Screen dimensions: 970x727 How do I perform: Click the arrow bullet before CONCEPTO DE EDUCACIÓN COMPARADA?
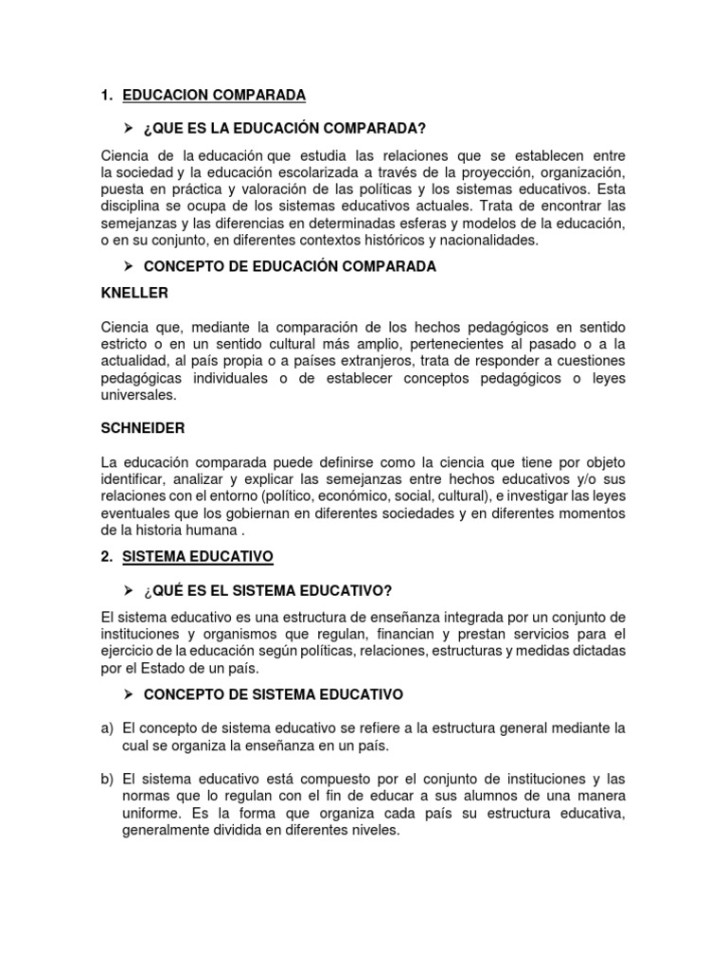click(x=128, y=266)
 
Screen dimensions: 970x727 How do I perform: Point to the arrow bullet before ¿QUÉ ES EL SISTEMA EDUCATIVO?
click(x=128, y=591)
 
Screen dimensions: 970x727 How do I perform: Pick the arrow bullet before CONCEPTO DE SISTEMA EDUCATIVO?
click(x=128, y=694)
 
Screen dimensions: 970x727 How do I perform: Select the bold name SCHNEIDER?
click(x=142, y=428)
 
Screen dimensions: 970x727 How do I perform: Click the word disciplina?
click(x=133, y=206)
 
